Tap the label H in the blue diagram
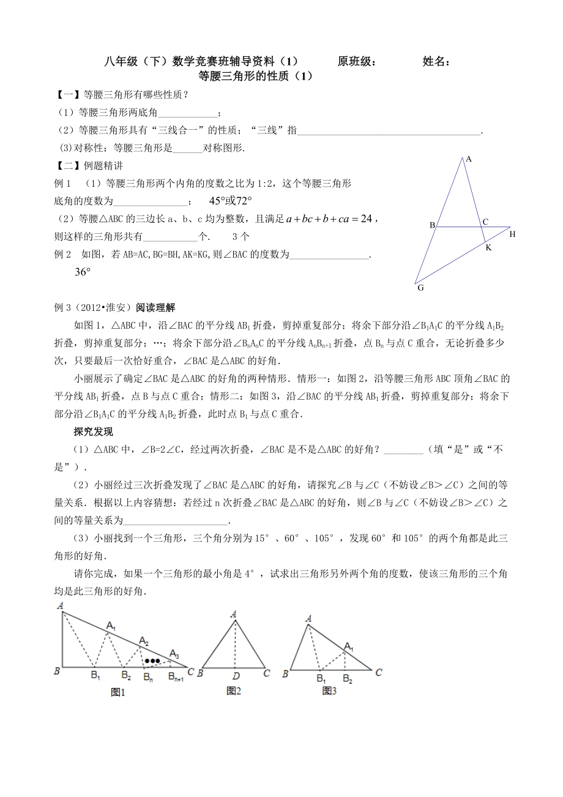pos(512,234)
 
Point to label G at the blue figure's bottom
pos(420,287)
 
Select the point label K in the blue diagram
pos(488,247)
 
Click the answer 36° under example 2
pos(83,272)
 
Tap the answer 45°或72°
pos(231,201)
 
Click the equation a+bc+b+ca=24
pos(329,219)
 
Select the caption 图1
pos(117,692)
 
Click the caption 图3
pos(330,691)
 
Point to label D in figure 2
pos(235,675)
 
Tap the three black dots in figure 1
pos(152,661)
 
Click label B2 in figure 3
pos(348,678)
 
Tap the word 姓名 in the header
pos(436,61)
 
